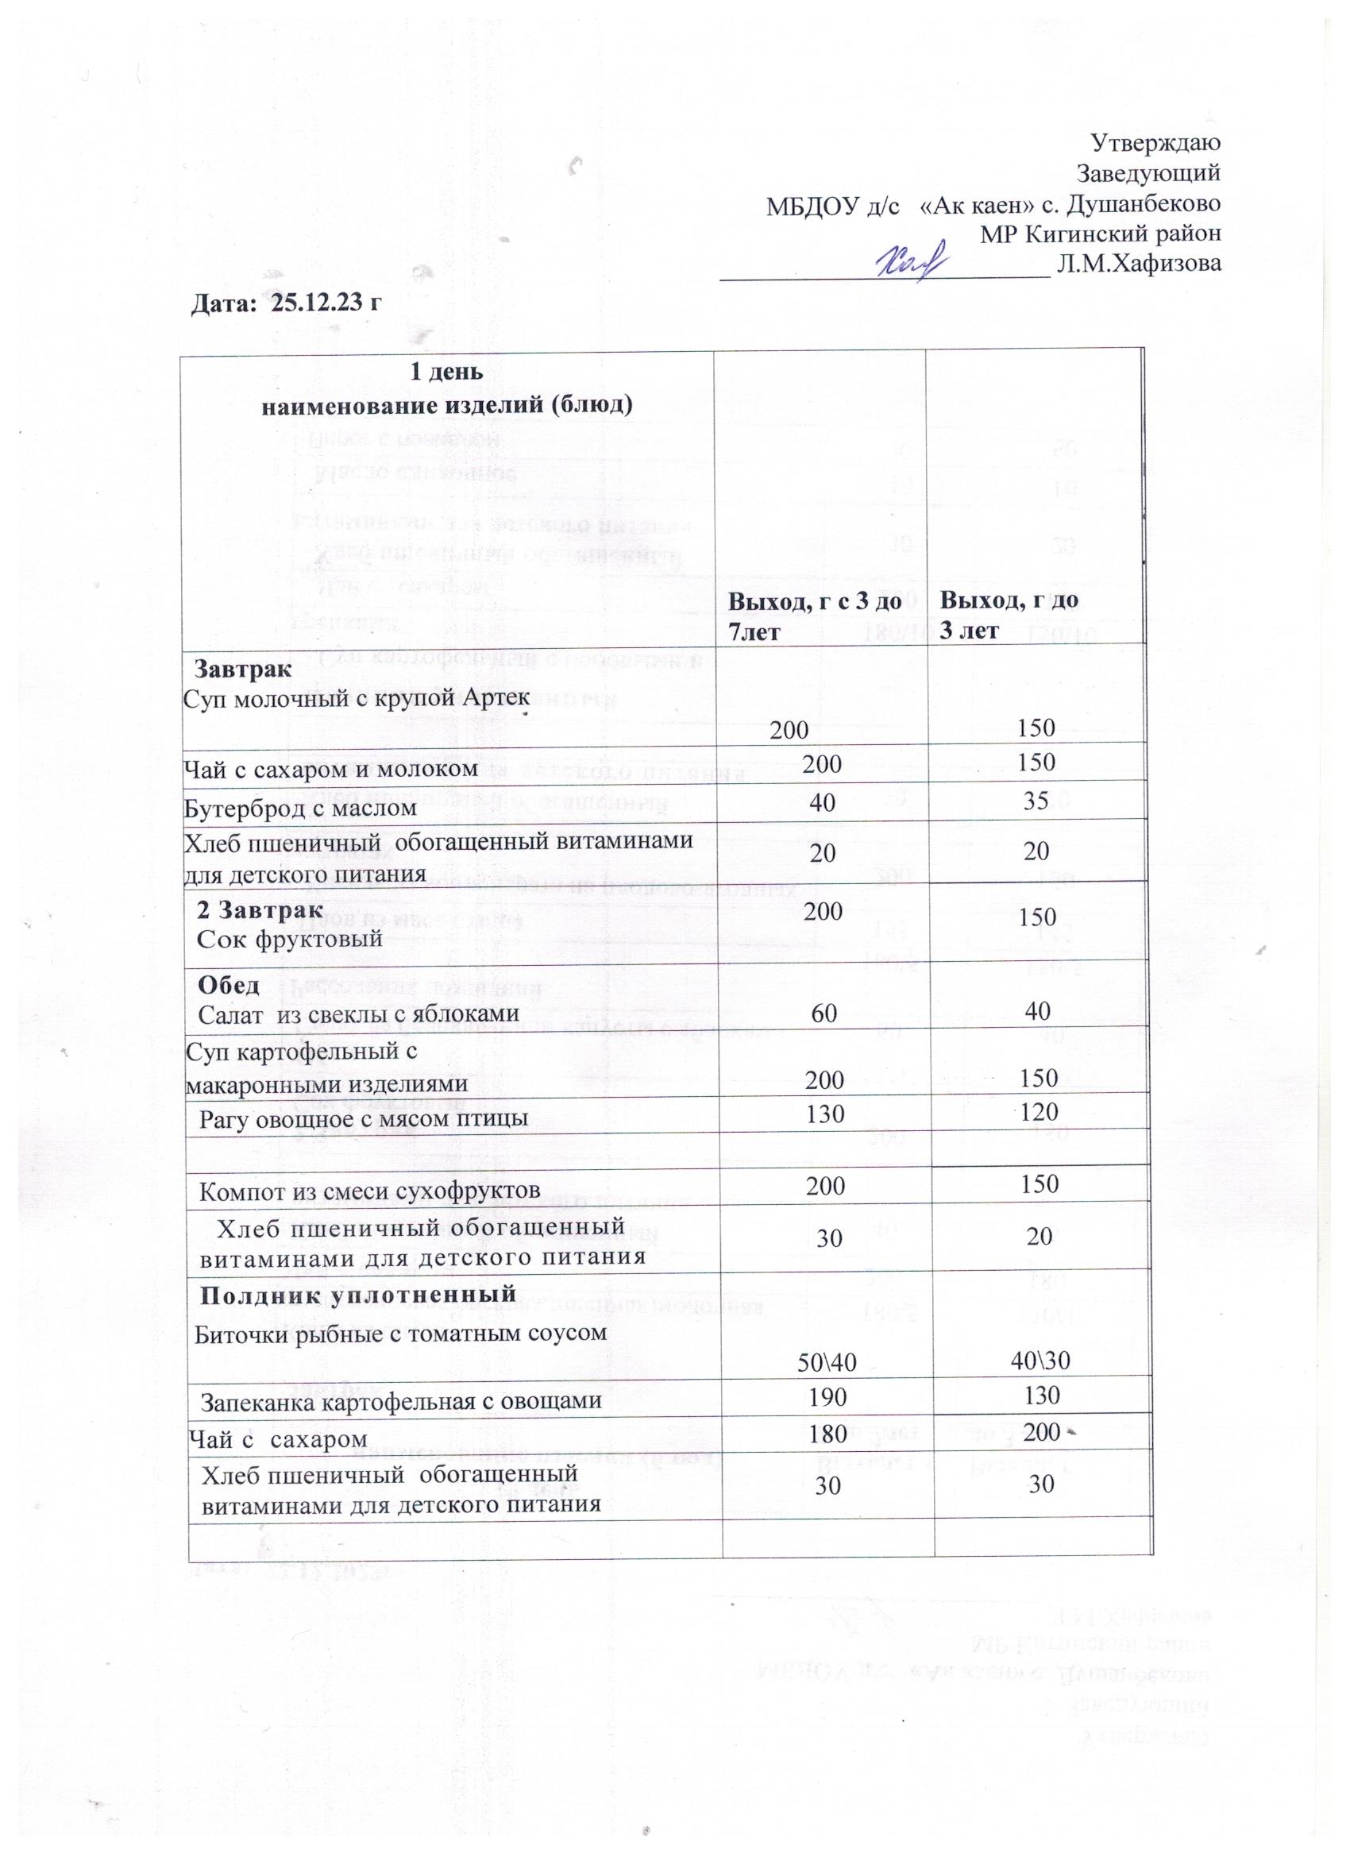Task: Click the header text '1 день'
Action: coord(445,373)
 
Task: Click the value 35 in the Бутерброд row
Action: coord(1036,801)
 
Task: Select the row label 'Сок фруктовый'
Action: coord(291,938)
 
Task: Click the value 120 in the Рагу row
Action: coord(1039,1111)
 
